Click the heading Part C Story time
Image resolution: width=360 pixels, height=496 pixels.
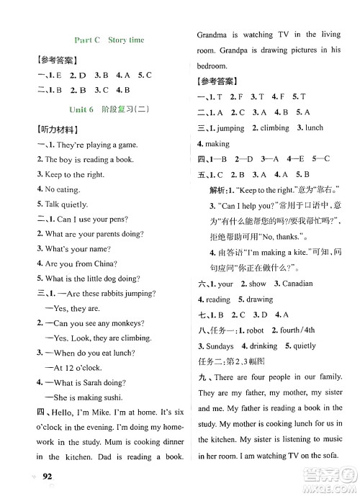[109, 40]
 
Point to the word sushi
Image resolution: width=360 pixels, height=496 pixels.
[111, 397]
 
